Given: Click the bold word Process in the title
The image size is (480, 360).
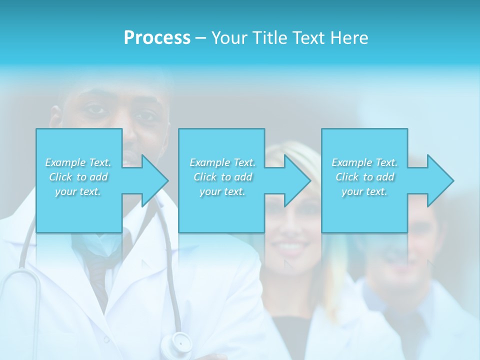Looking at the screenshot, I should tap(157, 38).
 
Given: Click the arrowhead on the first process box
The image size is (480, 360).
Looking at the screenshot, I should tap(152, 180).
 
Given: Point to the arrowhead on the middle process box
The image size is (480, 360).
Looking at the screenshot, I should tap(295, 180).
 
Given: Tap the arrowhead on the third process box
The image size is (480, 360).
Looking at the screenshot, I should tap(438, 180).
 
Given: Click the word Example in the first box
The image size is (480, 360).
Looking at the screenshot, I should tap(65, 162).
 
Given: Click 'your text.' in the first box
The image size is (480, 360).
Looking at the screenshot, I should tap(78, 191).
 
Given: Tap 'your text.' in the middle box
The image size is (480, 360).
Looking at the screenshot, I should tap(222, 191).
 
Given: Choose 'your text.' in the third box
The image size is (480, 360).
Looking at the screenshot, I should tap(364, 191).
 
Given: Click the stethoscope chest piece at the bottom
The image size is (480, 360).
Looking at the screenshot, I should tap(181, 343).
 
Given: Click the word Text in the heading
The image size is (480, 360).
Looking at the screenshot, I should tap(309, 38).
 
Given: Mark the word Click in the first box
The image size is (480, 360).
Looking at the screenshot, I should tap(60, 177).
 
